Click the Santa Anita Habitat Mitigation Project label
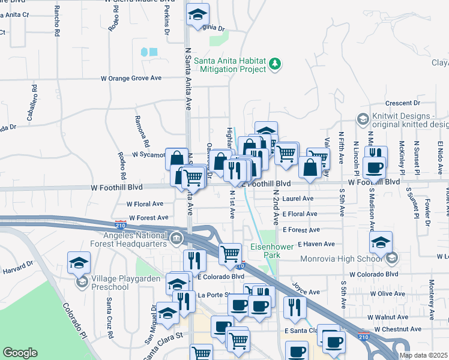click(231, 65)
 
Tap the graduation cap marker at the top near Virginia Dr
click(196, 15)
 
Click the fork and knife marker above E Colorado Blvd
click(194, 260)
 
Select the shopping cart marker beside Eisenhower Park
click(230, 254)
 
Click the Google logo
click(20, 353)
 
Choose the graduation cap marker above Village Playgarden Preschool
click(79, 262)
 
